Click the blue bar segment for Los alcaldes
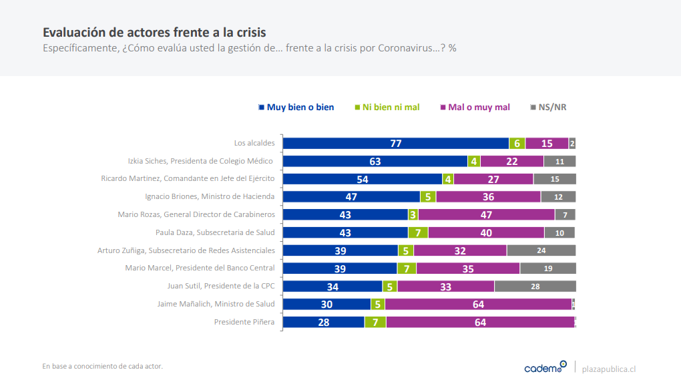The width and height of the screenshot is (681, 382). tap(396, 143)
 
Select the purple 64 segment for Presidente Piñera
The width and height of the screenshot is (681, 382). tap(479, 322)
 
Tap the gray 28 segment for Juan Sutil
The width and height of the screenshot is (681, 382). tap(535, 286)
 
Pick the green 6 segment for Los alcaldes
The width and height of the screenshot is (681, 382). tap(517, 143)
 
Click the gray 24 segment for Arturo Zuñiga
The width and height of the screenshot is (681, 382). tap(541, 250)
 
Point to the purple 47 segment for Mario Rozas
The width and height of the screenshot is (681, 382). tap(486, 214)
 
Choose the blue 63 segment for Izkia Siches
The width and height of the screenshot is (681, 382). tap(375, 161)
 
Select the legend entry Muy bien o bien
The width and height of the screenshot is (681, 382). tap(296, 107)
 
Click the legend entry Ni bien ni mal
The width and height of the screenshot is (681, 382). tap(387, 107)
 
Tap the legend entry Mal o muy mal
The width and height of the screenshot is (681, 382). tap(475, 107)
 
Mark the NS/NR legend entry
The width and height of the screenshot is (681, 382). tap(548, 107)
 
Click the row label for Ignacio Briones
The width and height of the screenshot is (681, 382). tap(210, 196)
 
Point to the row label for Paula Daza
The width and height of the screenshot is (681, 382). tap(215, 232)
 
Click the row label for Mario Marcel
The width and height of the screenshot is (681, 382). tap(200, 268)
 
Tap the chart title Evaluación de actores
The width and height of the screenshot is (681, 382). tap(154, 32)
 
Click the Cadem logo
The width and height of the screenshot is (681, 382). tap(545, 367)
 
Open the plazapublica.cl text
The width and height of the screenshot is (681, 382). tap(609, 369)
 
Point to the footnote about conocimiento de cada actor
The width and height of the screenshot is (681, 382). tap(102, 366)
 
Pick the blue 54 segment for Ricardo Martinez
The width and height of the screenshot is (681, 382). tap(363, 179)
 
